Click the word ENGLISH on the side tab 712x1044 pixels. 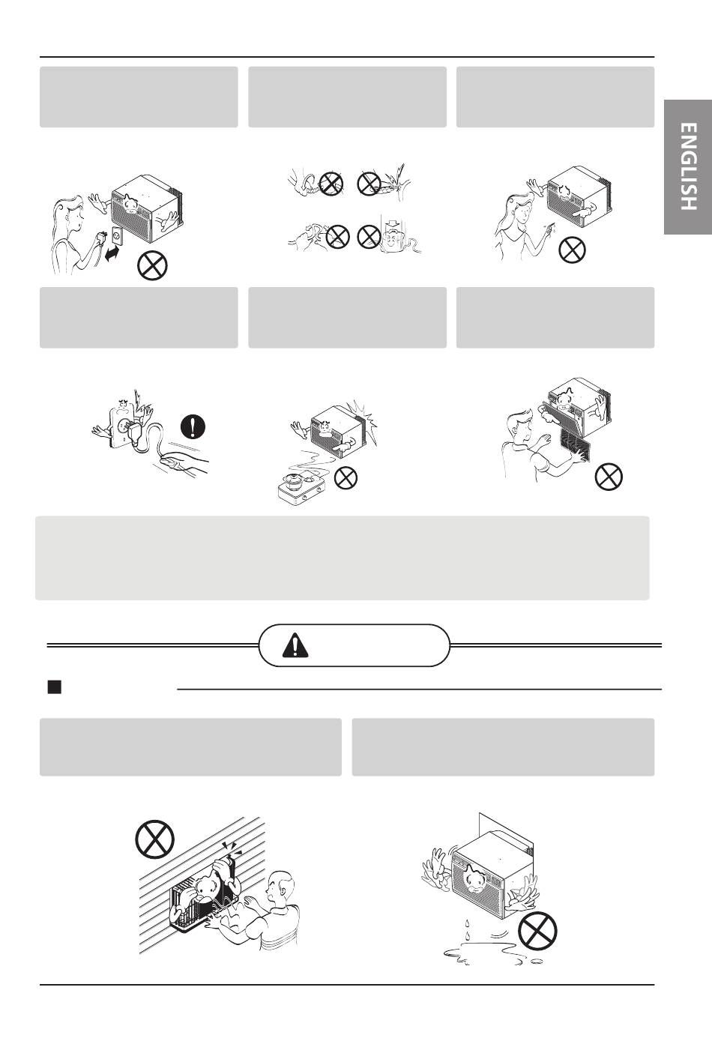(x=689, y=166)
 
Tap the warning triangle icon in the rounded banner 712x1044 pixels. (x=295, y=645)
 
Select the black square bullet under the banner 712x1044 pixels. (x=55, y=687)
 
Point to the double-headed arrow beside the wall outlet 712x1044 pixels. (x=111, y=255)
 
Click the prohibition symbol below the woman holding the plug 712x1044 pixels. (x=152, y=265)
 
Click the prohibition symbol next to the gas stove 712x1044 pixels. (x=346, y=477)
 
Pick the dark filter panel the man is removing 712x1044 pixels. (x=576, y=446)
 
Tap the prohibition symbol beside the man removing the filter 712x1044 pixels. (x=609, y=477)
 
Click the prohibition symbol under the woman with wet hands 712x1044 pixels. (x=572, y=250)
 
